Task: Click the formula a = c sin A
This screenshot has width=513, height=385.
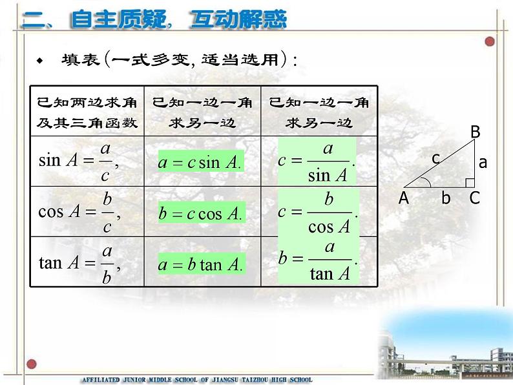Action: click(x=200, y=161)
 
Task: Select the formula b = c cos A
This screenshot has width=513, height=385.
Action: click(x=201, y=214)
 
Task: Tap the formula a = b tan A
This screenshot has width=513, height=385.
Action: click(x=201, y=264)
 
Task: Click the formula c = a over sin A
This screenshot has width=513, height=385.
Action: click(x=317, y=161)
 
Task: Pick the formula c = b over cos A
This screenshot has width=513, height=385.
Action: click(x=317, y=213)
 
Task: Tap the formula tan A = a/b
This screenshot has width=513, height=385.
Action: click(x=79, y=264)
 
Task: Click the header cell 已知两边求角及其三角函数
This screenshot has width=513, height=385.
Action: click(x=87, y=112)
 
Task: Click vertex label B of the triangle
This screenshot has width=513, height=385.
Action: click(x=475, y=132)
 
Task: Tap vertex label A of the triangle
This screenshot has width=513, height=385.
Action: click(x=404, y=198)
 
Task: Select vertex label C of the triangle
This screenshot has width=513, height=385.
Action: click(x=475, y=198)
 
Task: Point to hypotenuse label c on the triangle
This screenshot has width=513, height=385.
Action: click(x=436, y=158)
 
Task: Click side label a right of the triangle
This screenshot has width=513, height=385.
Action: click(x=483, y=163)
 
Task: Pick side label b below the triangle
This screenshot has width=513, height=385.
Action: click(x=446, y=198)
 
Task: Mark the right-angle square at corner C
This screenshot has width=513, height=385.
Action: click(x=470, y=182)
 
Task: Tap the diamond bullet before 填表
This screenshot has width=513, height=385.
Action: click(x=39, y=61)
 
